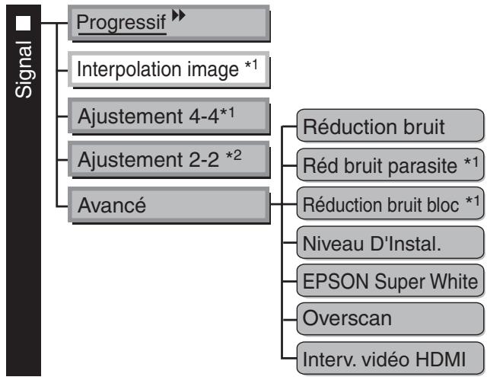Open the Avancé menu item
click(171, 205)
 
